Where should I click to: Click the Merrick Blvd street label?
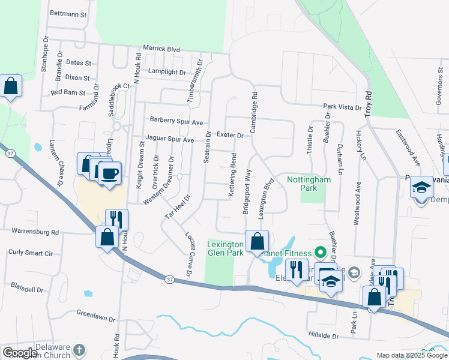tap(161, 48)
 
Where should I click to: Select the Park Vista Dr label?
tap(343, 107)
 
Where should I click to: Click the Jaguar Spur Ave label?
tap(170, 140)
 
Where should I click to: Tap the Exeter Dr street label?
tap(230, 136)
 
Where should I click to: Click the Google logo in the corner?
tap(20, 353)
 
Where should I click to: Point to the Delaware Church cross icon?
tap(78, 349)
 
